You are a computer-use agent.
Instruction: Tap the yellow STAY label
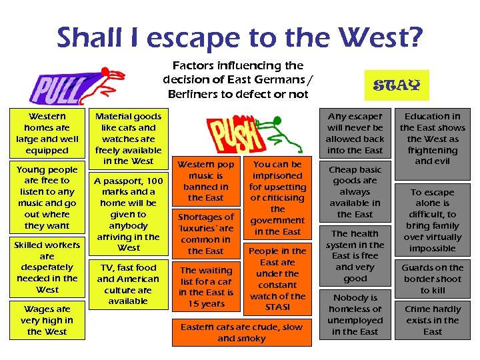pos(397,85)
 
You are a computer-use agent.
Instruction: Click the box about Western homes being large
pos(47,133)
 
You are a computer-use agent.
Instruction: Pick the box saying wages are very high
pos(47,321)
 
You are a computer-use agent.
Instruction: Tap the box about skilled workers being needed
pos(47,267)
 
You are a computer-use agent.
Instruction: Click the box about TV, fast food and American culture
pos(128,285)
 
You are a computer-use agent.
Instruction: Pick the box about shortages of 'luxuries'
pos(205,234)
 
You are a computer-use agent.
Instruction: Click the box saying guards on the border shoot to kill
pos(433,279)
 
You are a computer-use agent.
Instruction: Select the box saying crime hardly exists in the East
pos(433,321)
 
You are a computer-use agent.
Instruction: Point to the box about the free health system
pos(355,256)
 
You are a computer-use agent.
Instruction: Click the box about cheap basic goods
pos(355,192)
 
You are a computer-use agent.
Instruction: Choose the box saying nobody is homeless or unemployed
pos(355,315)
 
